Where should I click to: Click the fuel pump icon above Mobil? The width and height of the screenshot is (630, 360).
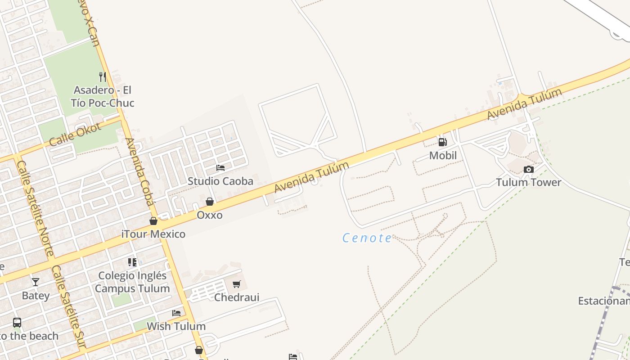coord(443,142)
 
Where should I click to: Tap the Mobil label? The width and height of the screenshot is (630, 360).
coord(443,156)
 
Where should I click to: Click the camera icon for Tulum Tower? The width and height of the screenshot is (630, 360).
coord(529,170)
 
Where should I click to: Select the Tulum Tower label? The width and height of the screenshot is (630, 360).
coord(529,182)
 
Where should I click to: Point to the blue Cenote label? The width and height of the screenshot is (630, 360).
coord(367,238)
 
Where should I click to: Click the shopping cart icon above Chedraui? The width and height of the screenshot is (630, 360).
coord(237,284)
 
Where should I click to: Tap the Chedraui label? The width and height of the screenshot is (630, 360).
coord(237,297)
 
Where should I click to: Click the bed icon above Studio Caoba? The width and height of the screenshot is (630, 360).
coord(220,168)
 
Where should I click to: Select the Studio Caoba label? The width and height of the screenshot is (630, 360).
coord(220,181)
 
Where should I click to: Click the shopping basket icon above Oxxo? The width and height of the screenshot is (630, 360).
coord(210,202)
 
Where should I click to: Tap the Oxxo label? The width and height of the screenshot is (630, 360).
coord(210,215)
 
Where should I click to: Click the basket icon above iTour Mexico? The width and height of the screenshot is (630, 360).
coord(153,221)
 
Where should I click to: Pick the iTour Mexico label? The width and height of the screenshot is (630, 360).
coord(153,234)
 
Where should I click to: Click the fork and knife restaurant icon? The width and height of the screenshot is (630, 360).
coord(103,76)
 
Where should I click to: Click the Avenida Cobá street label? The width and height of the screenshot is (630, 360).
coord(140,171)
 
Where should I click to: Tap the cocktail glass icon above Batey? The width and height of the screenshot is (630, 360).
coord(36,282)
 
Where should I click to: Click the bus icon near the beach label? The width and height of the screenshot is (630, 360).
coord(17,322)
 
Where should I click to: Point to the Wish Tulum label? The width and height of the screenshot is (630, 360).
coord(176,326)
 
